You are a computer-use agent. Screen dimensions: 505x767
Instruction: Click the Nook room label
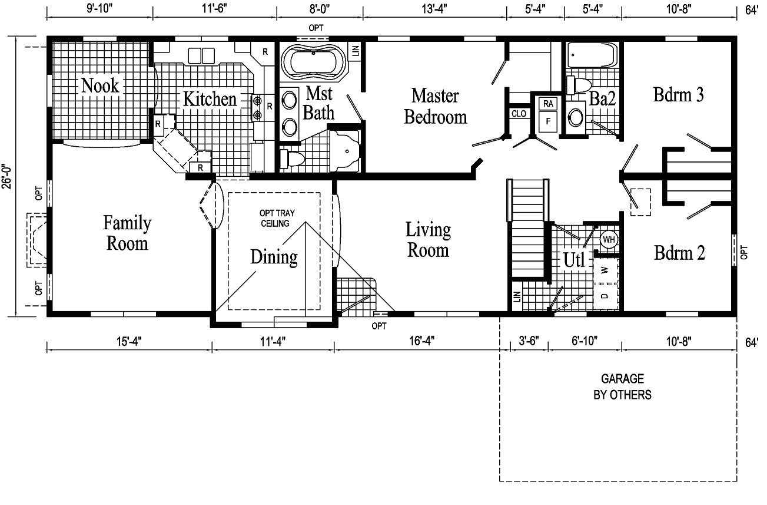point(100,85)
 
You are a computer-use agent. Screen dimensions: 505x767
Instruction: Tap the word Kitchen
point(210,99)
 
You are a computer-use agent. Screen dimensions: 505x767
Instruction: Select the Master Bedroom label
point(435,106)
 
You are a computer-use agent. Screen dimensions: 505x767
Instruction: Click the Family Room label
point(127,233)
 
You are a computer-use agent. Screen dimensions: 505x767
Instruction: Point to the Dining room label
point(274,258)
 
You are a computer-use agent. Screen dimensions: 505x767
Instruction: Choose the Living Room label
point(429,240)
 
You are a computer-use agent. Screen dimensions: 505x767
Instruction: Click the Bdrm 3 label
point(679,95)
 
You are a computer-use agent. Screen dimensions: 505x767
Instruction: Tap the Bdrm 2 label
point(680,253)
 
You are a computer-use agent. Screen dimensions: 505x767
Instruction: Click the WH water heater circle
point(609,240)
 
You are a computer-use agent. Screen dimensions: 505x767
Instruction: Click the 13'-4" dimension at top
point(434,9)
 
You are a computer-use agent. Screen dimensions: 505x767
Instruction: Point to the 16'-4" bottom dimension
point(418,341)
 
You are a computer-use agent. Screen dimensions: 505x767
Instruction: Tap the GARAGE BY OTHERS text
point(622,387)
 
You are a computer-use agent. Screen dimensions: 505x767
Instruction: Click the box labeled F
point(549,122)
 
